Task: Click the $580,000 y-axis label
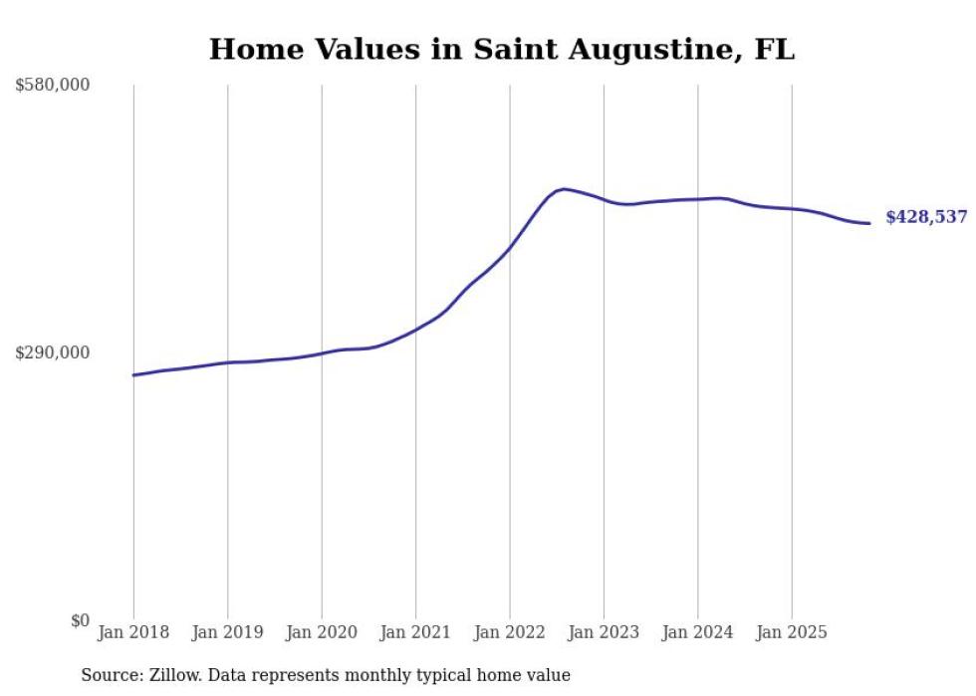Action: coord(53,86)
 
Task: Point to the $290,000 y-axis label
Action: coord(53,352)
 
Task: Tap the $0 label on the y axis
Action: coord(80,620)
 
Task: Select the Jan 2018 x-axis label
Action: coord(133,632)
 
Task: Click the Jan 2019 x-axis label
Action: coord(228,632)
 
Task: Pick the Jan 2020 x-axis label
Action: coord(322,632)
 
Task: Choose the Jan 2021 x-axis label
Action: coord(416,632)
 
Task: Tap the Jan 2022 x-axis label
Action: coord(510,632)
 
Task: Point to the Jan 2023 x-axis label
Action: coord(605,632)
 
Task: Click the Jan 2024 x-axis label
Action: coord(698,632)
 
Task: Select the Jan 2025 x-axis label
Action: coord(793,632)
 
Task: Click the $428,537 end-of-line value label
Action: coord(926,217)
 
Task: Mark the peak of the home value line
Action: coord(564,188)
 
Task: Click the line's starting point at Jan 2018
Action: coord(133,375)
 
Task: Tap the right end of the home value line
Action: coord(869,223)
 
